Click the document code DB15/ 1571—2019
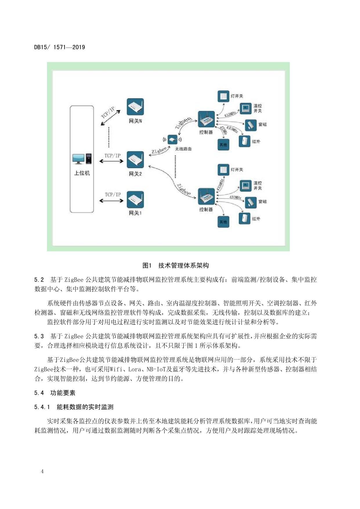pyautogui.click(x=59, y=47)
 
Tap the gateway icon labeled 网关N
pyautogui.click(x=135, y=107)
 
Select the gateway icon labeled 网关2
pyautogui.click(x=135, y=160)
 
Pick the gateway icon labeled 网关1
pyautogui.click(x=135, y=199)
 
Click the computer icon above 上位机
pyautogui.click(x=82, y=159)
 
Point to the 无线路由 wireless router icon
pyautogui.click(x=172, y=140)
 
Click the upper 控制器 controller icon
pyautogui.click(x=206, y=119)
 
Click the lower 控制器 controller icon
pyautogui.click(x=206, y=196)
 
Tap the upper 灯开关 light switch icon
pyautogui.click(x=223, y=96)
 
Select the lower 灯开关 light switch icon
pyautogui.click(x=223, y=170)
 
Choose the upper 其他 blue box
pyautogui.click(x=223, y=145)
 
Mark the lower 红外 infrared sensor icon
pyautogui.click(x=244, y=219)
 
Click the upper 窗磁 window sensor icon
pyautogui.click(x=251, y=125)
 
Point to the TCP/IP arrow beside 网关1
pyautogui.click(x=111, y=201)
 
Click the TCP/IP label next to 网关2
pyautogui.click(x=113, y=156)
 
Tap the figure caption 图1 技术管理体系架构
pyautogui.click(x=176, y=265)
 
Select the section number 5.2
pyautogui.click(x=39, y=280)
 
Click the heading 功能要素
pyautogui.click(x=63, y=393)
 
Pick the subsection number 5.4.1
pyautogui.click(x=42, y=407)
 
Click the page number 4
pyautogui.click(x=42, y=471)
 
